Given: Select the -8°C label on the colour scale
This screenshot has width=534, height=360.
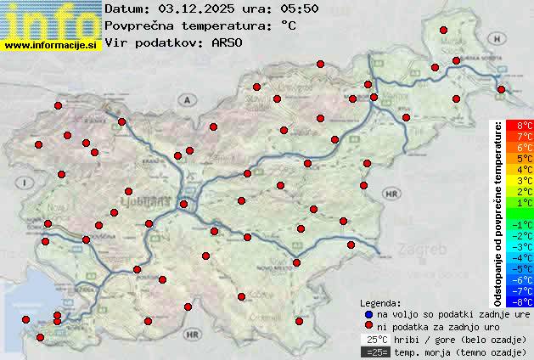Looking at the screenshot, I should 520,301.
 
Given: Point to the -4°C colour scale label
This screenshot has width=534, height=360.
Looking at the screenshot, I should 520,257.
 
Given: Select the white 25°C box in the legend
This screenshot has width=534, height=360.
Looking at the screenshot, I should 373,339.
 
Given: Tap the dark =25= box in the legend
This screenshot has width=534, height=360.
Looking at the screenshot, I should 373,352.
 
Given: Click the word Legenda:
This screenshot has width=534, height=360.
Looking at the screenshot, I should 381,302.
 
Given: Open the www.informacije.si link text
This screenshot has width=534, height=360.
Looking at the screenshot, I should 51,44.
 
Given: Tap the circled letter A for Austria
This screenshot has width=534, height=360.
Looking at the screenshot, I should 184,99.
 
